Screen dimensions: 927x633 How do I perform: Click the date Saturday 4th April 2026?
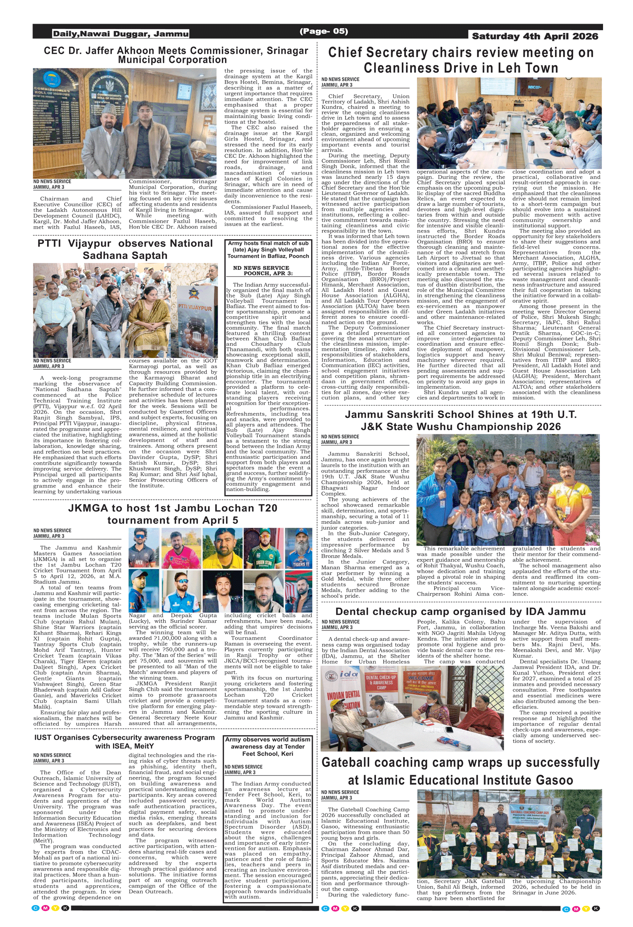point(535,36)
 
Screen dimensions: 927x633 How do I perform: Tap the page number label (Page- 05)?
point(324,31)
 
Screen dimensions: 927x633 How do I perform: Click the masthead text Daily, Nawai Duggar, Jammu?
point(121,34)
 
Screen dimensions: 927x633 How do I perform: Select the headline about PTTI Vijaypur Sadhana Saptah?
point(125,249)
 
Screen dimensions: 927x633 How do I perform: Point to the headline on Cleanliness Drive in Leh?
point(461,60)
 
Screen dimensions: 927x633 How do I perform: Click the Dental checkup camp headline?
point(460,612)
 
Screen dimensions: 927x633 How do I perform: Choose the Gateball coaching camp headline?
point(460,771)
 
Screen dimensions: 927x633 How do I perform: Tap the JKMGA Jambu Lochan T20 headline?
point(173,514)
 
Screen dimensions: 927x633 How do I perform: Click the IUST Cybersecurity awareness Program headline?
point(124,742)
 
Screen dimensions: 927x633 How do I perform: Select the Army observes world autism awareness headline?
point(268,746)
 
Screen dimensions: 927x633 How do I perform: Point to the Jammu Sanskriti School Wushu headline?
point(460,420)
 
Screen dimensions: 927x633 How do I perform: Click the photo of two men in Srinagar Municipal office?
point(124,123)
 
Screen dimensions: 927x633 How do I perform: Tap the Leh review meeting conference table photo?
point(509,123)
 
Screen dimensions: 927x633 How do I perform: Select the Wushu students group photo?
point(508,490)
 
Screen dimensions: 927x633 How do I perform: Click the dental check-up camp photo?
point(412,708)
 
